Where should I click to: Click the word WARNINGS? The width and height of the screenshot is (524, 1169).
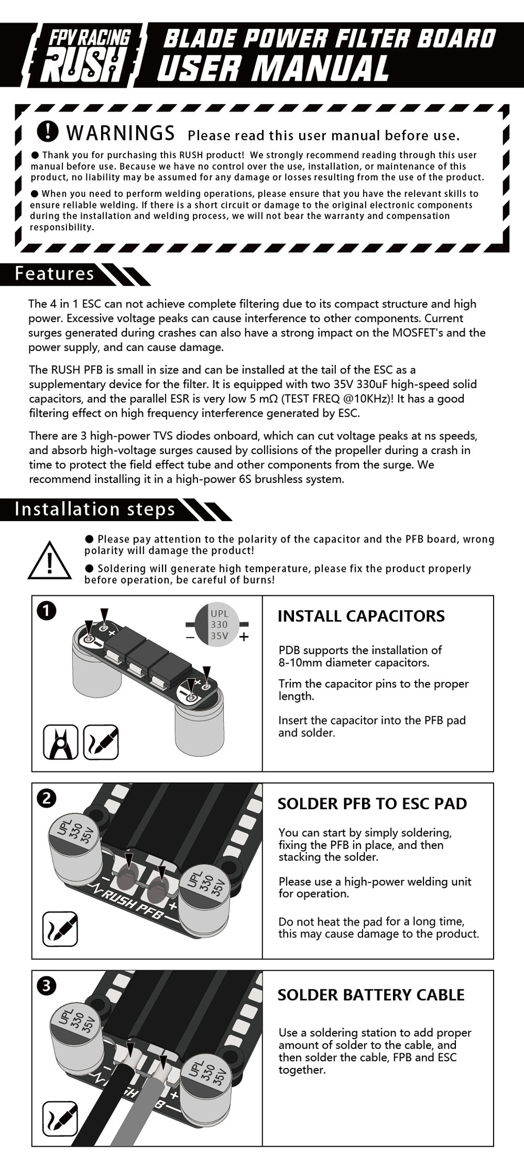(x=121, y=133)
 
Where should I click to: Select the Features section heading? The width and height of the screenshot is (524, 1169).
(x=54, y=273)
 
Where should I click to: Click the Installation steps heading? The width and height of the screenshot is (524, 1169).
(x=95, y=509)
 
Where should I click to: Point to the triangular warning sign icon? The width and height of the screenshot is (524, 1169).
(x=49, y=561)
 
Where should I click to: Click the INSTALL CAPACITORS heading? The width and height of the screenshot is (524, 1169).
(x=361, y=616)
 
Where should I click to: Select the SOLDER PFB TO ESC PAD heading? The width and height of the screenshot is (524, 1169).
(x=372, y=803)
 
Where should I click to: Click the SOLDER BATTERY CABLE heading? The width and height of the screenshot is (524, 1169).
(x=370, y=995)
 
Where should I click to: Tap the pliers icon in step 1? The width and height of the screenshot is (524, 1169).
(x=61, y=742)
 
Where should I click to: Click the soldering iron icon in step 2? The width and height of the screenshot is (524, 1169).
(x=60, y=929)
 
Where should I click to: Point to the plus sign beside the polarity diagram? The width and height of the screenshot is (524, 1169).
(x=244, y=637)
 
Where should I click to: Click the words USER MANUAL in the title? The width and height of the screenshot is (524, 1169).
(x=272, y=68)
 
